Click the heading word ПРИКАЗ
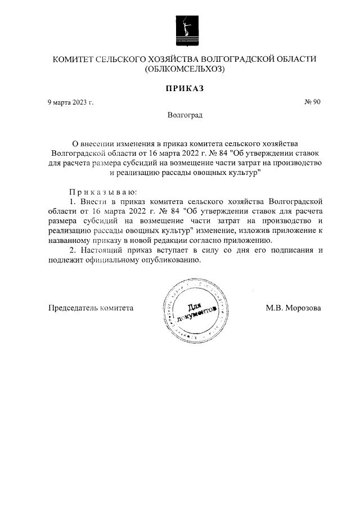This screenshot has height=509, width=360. tap(184, 88)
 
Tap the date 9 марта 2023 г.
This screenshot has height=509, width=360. tap(70, 102)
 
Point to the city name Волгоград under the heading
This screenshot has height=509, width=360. tap(184, 115)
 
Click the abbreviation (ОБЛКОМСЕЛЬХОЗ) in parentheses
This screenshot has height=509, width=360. tap(184, 70)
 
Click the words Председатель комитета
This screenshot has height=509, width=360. tap(91, 308)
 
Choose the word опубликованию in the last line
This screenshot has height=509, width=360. tap(175, 260)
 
